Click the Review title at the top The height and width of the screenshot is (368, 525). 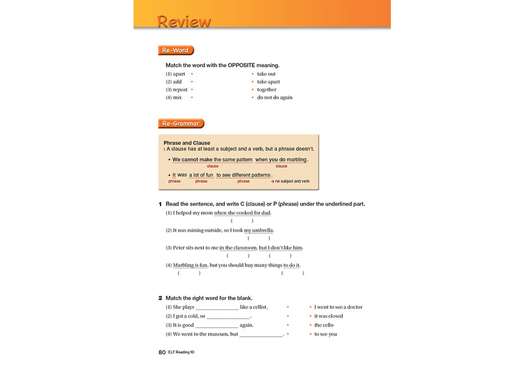(x=184, y=21)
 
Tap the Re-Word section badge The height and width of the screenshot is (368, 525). (x=176, y=51)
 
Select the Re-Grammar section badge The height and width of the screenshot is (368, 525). (x=181, y=123)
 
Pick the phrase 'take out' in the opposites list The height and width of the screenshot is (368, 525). (x=266, y=74)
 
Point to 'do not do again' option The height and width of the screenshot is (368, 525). (x=275, y=97)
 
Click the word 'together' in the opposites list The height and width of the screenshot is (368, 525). (x=267, y=90)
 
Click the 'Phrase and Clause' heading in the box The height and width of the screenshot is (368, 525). (x=187, y=143)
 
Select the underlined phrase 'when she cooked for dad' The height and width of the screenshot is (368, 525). (x=242, y=213)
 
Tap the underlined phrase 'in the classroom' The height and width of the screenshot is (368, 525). (x=238, y=248)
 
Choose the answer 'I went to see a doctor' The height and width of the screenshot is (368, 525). (x=339, y=307)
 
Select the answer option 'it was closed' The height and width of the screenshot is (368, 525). (x=329, y=316)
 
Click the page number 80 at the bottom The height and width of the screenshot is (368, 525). (x=162, y=352)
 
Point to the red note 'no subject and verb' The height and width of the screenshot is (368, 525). (x=292, y=181)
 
